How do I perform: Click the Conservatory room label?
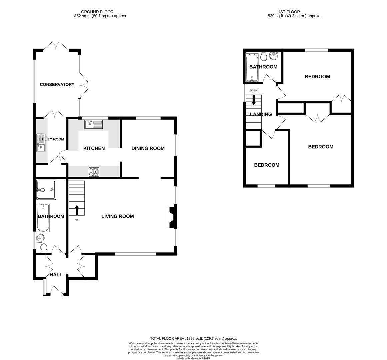(57, 85)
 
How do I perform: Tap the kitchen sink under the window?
(94, 125)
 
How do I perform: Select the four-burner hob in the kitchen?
(94, 172)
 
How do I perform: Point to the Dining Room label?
(148, 148)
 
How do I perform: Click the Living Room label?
(118, 216)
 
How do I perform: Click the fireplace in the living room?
(172, 217)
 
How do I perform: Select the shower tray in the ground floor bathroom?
(46, 190)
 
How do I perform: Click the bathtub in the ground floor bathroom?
(44, 218)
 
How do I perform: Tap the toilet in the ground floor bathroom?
(44, 248)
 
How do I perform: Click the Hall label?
(56, 275)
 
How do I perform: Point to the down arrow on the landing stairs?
(254, 100)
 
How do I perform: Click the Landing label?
(261, 114)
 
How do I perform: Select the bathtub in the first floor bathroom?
(250, 68)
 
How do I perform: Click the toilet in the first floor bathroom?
(264, 57)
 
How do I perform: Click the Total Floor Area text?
(193, 338)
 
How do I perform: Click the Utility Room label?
(51, 139)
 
